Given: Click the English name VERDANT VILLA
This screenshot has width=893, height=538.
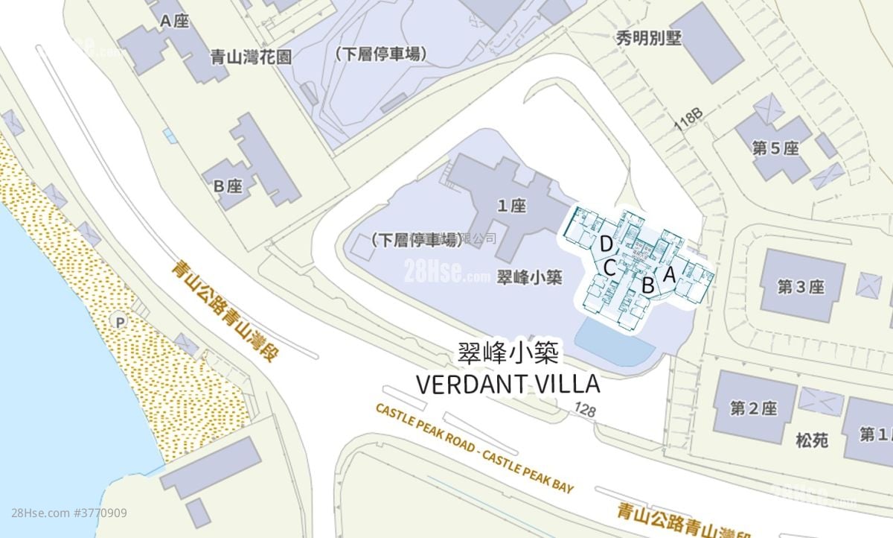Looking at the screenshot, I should tap(508, 384).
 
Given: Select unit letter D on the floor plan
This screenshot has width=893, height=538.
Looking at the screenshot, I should tap(606, 243).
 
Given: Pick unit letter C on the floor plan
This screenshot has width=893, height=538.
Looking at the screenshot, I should tap(609, 267).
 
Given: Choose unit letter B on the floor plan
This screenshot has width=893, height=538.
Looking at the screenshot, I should tap(647, 284).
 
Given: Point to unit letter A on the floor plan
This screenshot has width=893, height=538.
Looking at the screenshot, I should tap(668, 274).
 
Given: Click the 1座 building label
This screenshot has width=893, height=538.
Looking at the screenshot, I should tap(512, 206).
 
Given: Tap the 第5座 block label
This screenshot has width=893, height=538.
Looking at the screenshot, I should tap(775, 148).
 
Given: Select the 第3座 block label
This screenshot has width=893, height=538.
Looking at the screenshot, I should tap(801, 287).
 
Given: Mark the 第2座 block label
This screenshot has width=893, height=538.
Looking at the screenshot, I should tap(753, 408).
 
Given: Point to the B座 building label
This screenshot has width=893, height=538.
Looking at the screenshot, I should tap(228, 186).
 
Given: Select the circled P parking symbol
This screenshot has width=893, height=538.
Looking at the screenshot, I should tap(117, 321).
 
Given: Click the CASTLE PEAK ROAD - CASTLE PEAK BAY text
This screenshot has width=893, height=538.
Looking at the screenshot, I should tap(475, 448).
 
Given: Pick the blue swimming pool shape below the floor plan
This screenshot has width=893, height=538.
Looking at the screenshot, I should tap(615, 342).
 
